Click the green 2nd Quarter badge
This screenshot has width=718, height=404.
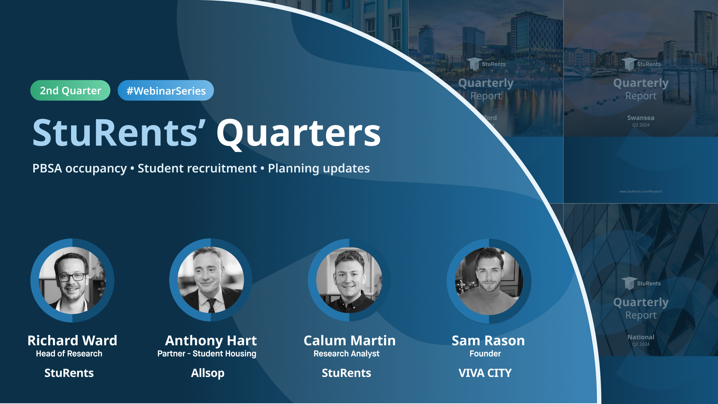click(70, 91)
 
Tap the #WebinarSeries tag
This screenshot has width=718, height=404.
click(166, 91)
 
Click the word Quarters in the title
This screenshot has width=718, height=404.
click(298, 133)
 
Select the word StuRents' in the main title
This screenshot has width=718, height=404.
click(119, 133)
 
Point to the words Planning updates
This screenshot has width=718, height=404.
click(319, 168)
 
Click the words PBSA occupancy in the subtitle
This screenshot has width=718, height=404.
click(80, 168)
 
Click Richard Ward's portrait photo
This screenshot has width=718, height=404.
click(72, 280)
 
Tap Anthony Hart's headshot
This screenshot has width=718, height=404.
click(211, 280)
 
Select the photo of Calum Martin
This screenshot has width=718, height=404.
click(349, 280)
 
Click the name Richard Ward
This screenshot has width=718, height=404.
click(72, 340)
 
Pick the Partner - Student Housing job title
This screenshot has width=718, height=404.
click(207, 353)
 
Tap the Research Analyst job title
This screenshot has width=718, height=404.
click(346, 353)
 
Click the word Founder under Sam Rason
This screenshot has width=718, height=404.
click(485, 353)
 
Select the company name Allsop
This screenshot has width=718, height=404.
click(208, 373)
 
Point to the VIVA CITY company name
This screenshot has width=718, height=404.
click(485, 373)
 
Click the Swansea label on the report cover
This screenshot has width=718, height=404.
click(641, 118)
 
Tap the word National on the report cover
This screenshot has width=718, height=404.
click(641, 337)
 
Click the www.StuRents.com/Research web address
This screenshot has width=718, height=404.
click(641, 192)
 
